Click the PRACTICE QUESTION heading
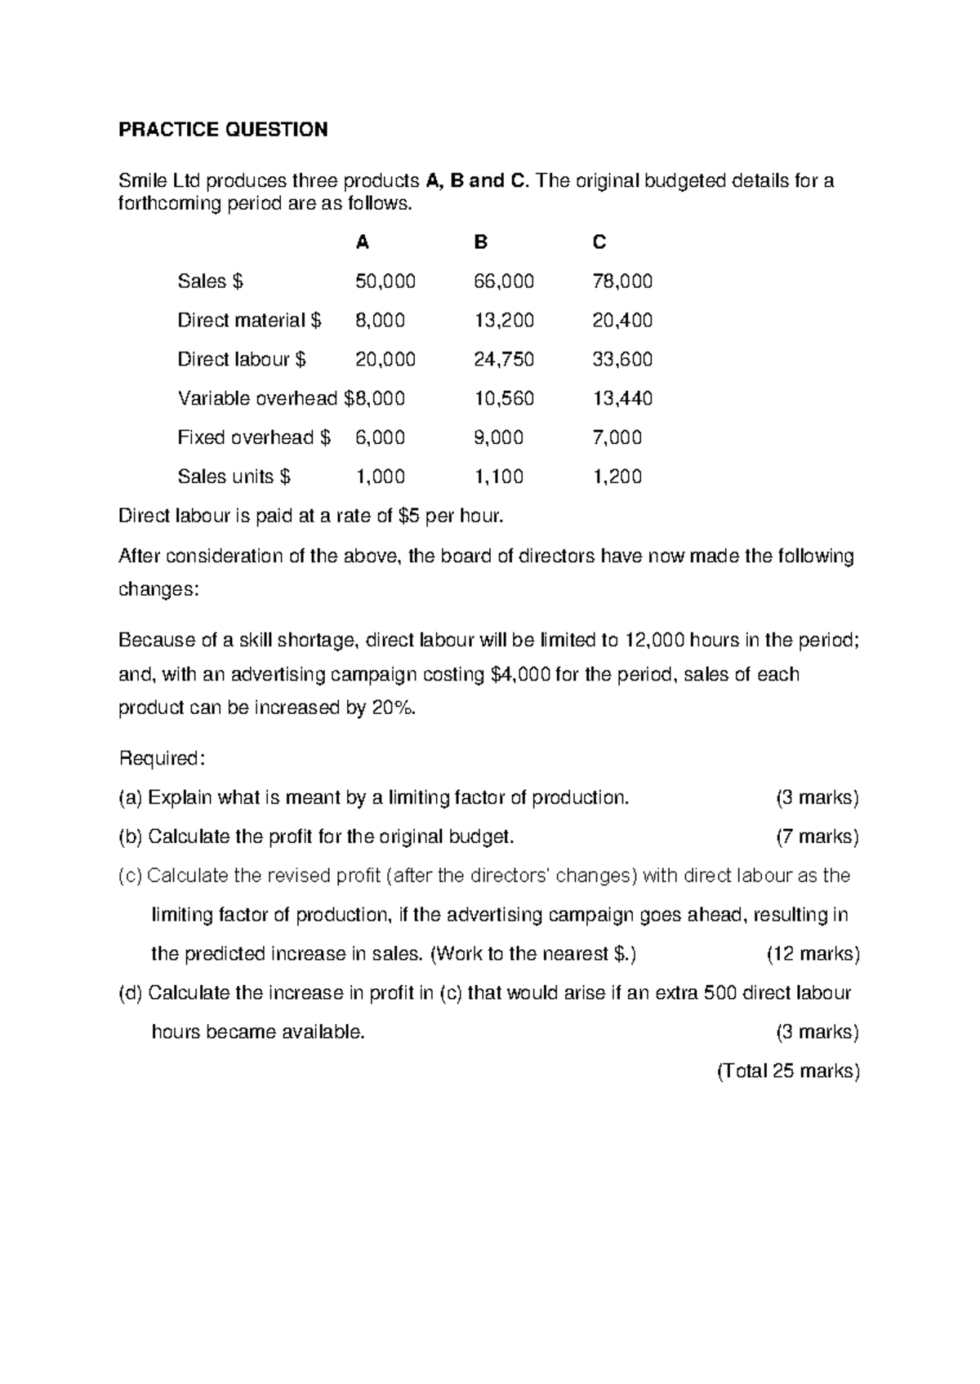pyautogui.click(x=223, y=130)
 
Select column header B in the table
pyautogui.click(x=481, y=242)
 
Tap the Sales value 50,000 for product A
pyautogui.click(x=385, y=282)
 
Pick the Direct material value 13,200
pyautogui.click(x=504, y=321)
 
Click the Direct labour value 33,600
pyautogui.click(x=621, y=360)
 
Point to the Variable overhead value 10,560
pyautogui.click(x=504, y=399)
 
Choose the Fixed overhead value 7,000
pyautogui.click(x=617, y=438)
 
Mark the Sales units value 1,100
pyautogui.click(x=498, y=477)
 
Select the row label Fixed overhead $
pyautogui.click(x=254, y=438)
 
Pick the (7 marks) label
pyautogui.click(x=817, y=837)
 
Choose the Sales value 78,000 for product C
pyautogui.click(x=621, y=282)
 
